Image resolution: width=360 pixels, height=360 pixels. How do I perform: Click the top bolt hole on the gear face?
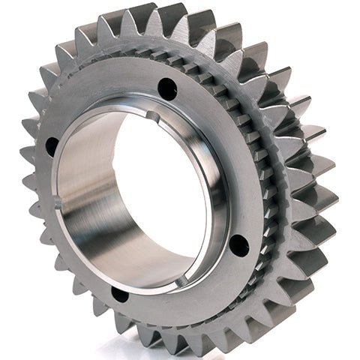coord(167,89)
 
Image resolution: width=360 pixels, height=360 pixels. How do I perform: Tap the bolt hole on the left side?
coord(52,146)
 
